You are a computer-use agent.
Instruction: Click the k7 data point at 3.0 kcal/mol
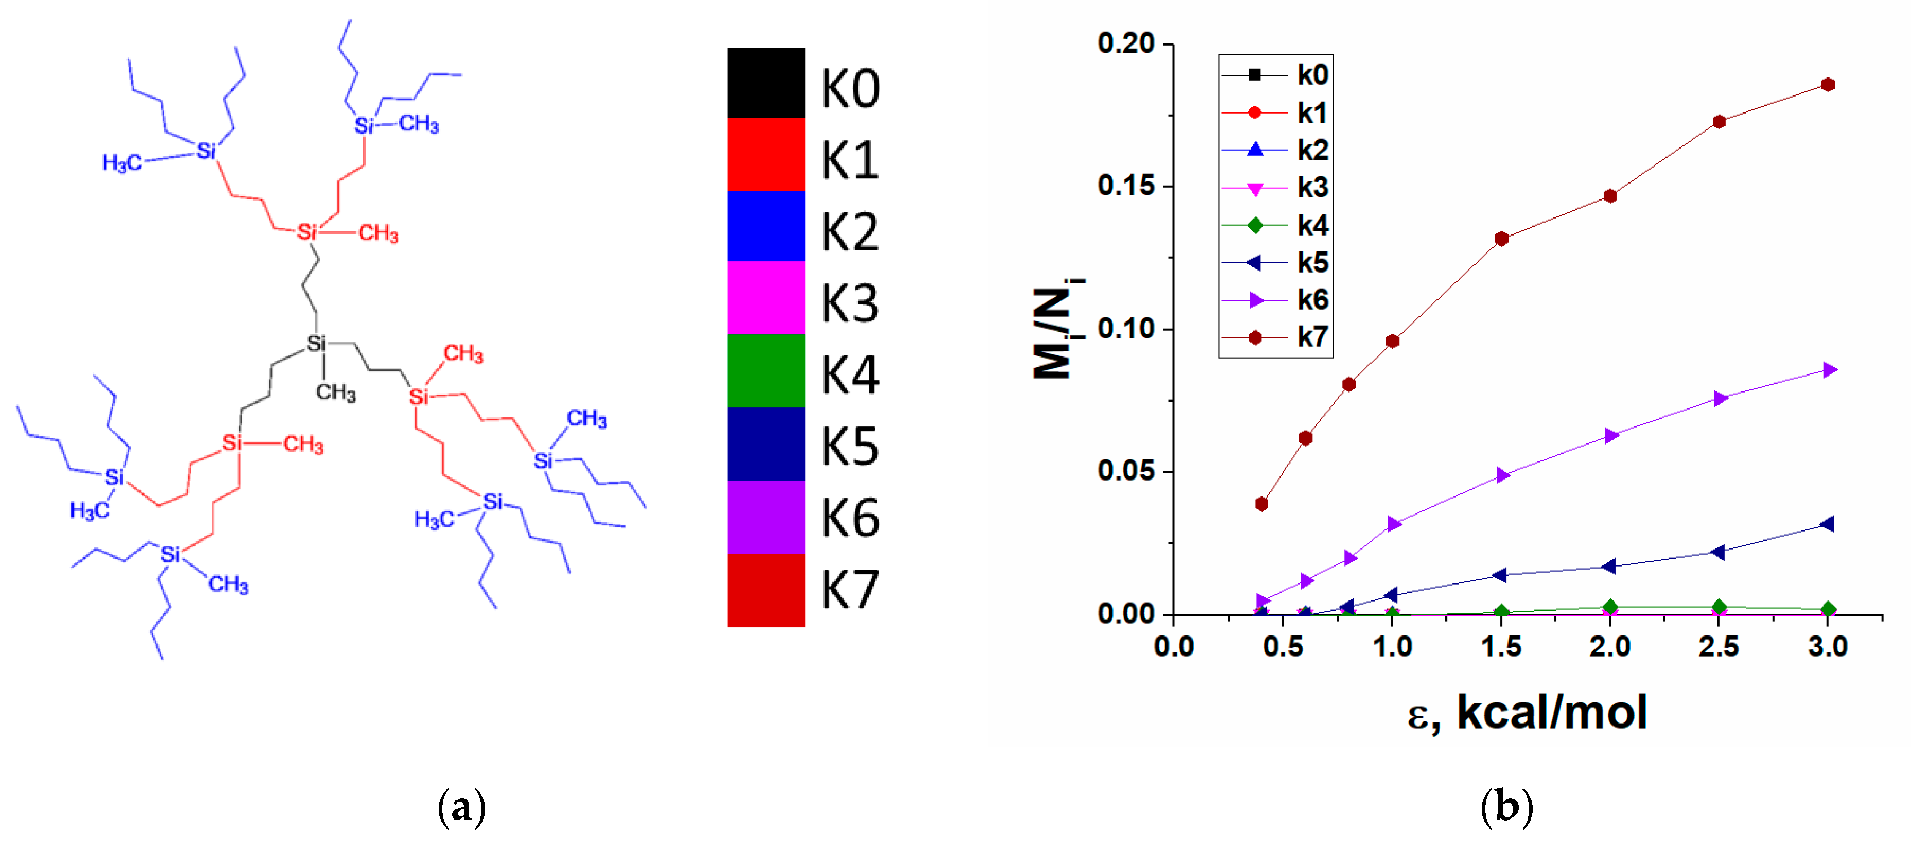(1828, 84)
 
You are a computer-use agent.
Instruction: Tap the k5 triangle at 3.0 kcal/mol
(1827, 524)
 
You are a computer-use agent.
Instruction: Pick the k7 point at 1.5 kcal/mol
(1502, 239)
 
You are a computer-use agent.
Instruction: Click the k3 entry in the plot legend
(1276, 188)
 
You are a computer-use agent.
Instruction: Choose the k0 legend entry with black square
(1276, 75)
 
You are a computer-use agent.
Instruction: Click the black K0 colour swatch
(766, 83)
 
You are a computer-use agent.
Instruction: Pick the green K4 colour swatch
(766, 370)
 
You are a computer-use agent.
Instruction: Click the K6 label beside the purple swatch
(850, 517)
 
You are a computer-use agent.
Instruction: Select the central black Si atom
(316, 344)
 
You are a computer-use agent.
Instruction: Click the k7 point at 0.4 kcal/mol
(1261, 504)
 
